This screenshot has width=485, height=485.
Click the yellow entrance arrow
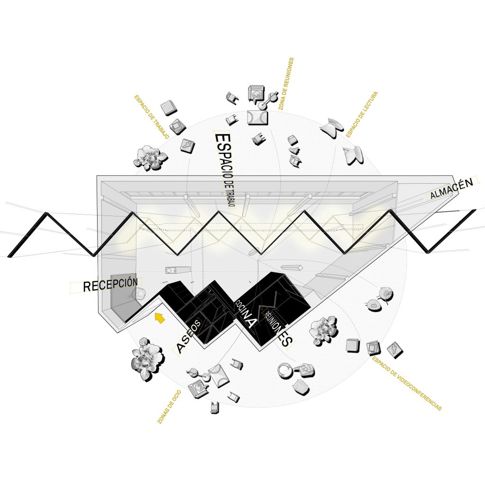160,318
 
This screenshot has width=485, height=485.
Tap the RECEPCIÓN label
110,284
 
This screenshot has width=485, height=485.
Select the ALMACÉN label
451,189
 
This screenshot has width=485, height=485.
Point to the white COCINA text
246,314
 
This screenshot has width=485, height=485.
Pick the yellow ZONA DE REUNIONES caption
286,84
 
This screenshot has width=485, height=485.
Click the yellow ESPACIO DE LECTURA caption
361,115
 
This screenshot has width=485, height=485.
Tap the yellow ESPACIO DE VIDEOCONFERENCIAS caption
406,384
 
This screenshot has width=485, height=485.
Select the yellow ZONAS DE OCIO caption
169,407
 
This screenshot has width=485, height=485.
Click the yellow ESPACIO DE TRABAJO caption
152,117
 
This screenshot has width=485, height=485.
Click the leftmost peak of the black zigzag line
46,213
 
